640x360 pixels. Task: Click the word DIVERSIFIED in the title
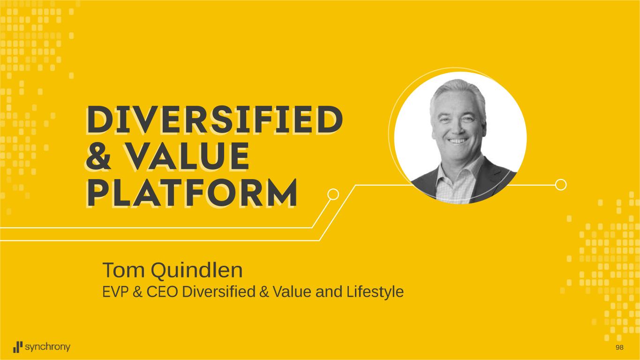[x=215, y=120]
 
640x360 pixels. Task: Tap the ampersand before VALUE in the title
[x=98, y=156]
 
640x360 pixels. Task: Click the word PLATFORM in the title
[x=192, y=193]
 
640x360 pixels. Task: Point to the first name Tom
[x=124, y=270]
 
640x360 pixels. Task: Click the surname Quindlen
[x=197, y=271]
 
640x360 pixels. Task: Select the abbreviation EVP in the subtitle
[x=114, y=292]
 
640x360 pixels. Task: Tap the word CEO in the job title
[x=162, y=292]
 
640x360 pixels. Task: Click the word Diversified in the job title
[x=218, y=292]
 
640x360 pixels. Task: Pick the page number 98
[x=620, y=347]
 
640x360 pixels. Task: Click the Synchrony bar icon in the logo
[x=18, y=347]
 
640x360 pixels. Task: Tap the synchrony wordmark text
[x=47, y=347]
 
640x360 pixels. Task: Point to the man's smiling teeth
[x=457, y=141]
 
